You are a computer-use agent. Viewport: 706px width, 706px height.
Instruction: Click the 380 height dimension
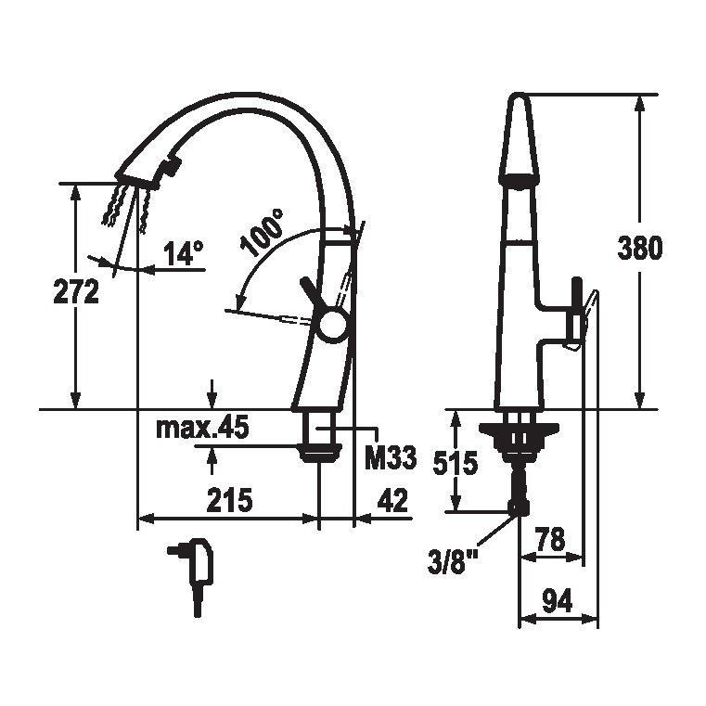click(640, 248)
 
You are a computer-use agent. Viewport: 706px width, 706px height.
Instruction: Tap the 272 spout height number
click(76, 291)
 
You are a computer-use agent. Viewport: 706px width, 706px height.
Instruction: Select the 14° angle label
click(184, 253)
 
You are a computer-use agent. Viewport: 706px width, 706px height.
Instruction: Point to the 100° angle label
click(263, 232)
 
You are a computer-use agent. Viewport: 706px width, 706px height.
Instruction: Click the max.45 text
click(202, 428)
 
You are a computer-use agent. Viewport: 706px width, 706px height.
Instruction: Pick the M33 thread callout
click(391, 458)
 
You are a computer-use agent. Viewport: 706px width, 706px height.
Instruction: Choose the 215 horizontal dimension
click(230, 500)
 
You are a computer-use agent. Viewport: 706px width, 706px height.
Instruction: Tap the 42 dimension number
click(392, 500)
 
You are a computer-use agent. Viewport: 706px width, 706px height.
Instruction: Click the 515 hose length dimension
click(455, 463)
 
